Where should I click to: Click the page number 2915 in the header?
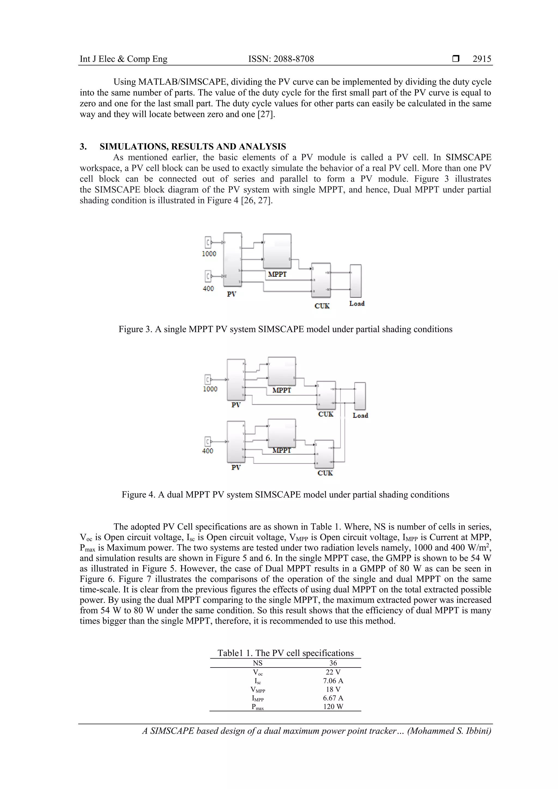482,59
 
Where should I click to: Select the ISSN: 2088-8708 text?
281,59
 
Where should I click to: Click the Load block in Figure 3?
356,281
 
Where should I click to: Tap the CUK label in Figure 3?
322,306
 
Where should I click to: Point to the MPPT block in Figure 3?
277,251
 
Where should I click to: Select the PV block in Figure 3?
232,259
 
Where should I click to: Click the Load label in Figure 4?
360,415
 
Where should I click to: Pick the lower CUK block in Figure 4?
324,454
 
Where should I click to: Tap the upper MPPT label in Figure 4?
281,390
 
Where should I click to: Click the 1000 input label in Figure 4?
210,389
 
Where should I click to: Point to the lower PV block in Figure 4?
236,442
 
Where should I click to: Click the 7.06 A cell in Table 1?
333,681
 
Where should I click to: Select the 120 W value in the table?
333,706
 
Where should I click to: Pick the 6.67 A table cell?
333,698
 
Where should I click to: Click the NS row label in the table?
257,663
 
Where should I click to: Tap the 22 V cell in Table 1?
333,672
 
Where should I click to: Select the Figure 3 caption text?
285,329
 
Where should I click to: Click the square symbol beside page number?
456,59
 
